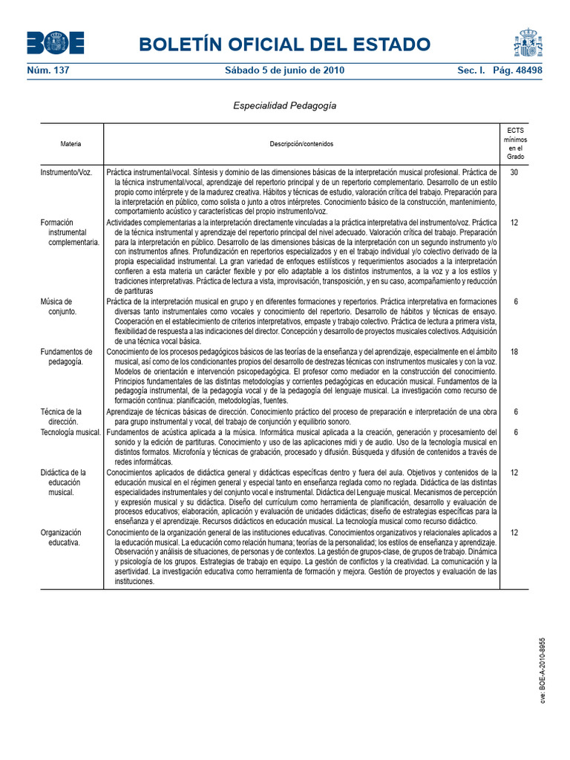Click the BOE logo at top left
tap(56, 43)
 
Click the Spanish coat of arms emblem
tap(528, 43)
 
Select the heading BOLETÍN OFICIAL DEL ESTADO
tap(290, 45)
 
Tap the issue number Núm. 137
tap(47, 71)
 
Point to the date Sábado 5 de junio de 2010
tap(284, 71)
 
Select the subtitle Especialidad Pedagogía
tap(285, 105)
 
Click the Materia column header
tap(71, 143)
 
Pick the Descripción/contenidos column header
tap(301, 143)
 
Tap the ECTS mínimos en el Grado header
tap(515, 143)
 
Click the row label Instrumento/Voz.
tap(66, 171)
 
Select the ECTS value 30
tap(515, 171)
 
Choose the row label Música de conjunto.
tap(57, 307)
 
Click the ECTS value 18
tap(515, 352)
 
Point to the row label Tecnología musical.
tap(71, 432)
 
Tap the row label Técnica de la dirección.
tap(61, 416)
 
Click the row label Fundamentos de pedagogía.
tap(66, 356)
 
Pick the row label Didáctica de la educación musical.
tap(64, 482)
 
